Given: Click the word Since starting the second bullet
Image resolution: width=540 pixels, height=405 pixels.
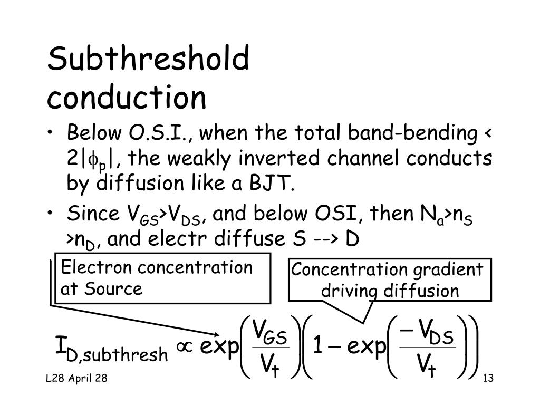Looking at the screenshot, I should tap(93, 215).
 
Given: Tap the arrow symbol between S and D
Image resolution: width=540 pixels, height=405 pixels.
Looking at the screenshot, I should tap(323, 239).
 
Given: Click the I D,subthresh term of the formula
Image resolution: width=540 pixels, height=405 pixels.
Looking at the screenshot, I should tap(111, 350).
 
